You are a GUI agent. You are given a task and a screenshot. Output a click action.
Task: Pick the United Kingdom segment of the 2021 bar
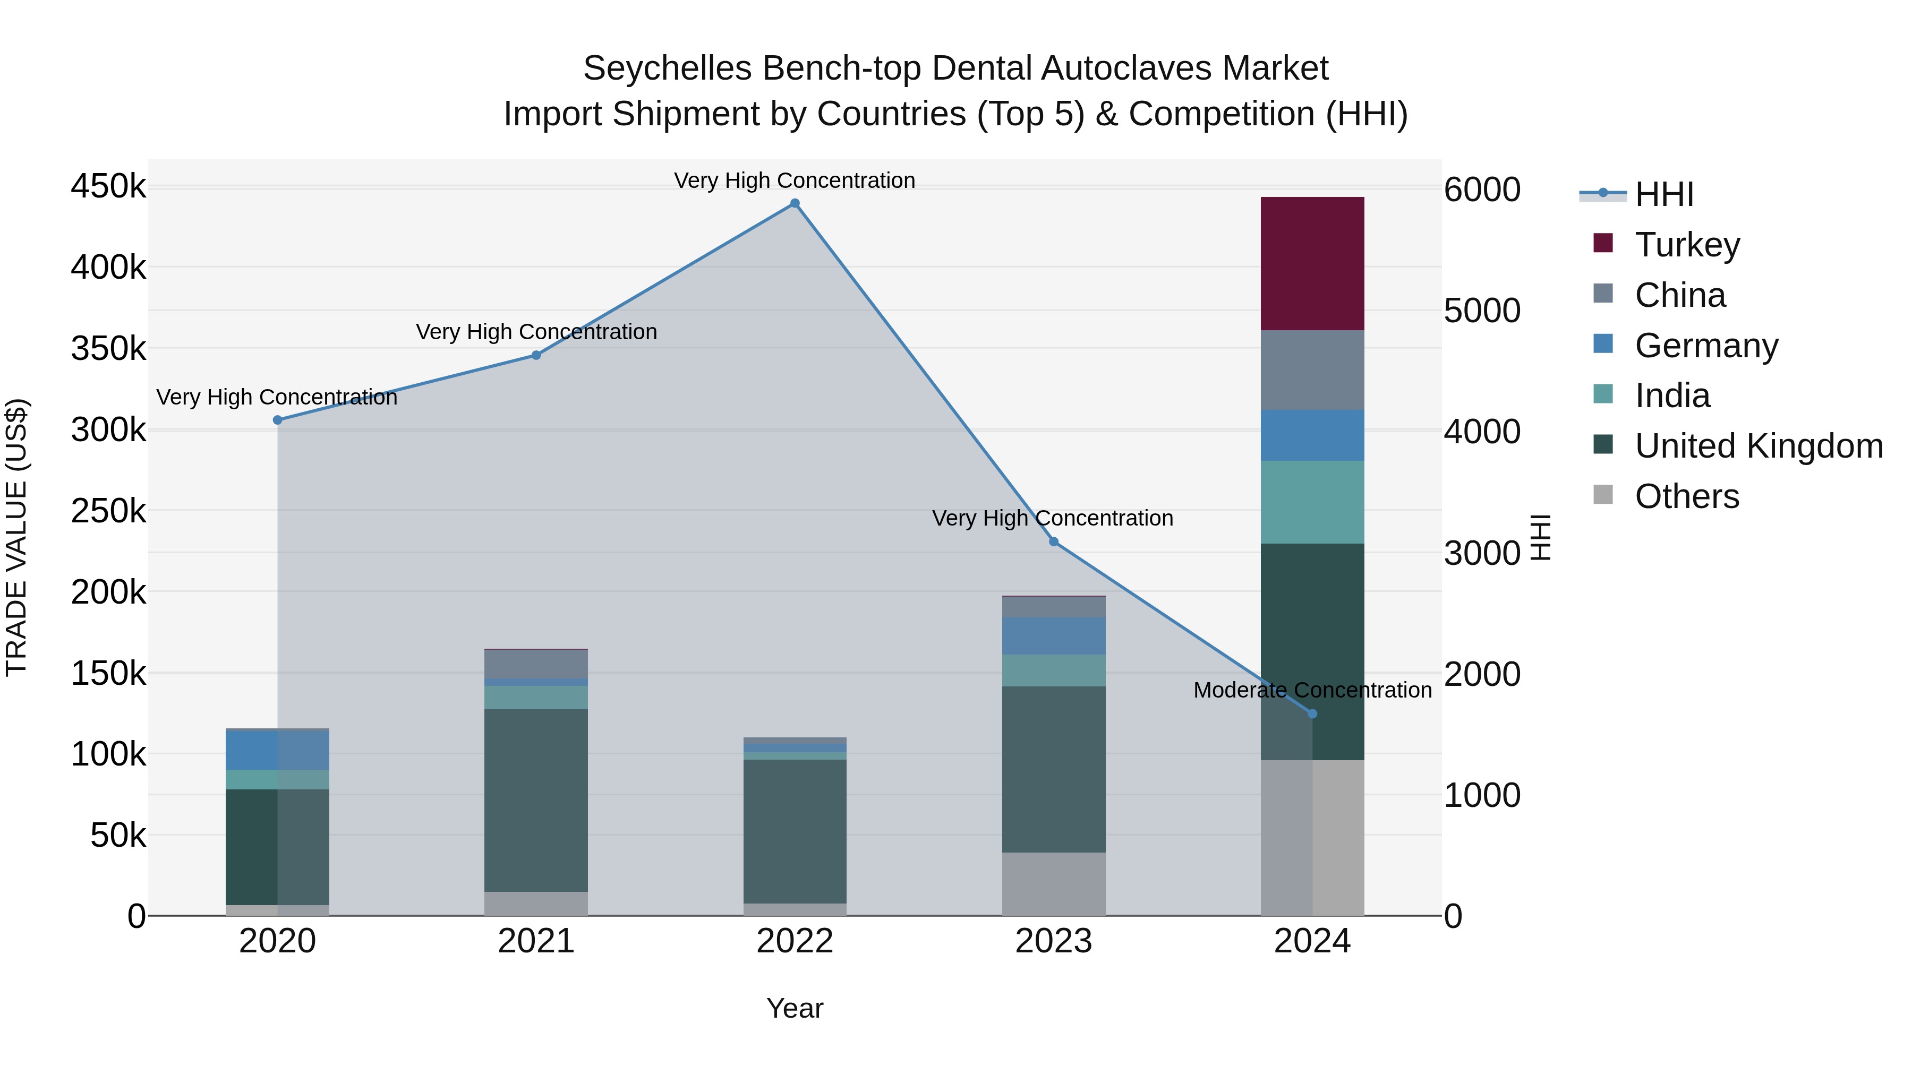pyautogui.click(x=536, y=800)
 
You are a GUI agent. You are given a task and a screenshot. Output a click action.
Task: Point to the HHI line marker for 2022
pyautogui.click(x=794, y=203)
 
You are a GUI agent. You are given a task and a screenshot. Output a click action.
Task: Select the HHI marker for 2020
pyautogui.click(x=278, y=420)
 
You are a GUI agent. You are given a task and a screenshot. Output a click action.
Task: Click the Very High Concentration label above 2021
pyautogui.click(x=536, y=332)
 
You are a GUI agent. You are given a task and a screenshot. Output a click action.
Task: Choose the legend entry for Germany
pyautogui.click(x=1705, y=346)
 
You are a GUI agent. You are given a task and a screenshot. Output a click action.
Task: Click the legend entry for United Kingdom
pyautogui.click(x=1757, y=446)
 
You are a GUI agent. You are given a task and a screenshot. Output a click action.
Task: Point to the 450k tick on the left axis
pyautogui.click(x=108, y=186)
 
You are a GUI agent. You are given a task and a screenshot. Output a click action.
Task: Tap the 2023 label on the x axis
pyautogui.click(x=1053, y=941)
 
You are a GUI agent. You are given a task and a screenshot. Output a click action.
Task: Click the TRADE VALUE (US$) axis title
pyautogui.click(x=16, y=537)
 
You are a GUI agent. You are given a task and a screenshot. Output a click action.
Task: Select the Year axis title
pyautogui.click(x=794, y=1008)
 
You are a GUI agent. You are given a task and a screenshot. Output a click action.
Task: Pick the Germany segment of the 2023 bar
pyautogui.click(x=1053, y=636)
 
